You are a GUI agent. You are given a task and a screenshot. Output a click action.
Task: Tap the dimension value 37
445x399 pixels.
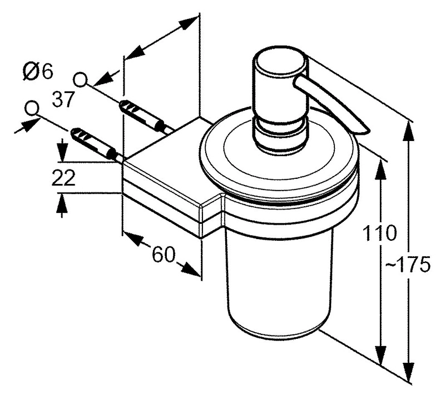coord(64,100)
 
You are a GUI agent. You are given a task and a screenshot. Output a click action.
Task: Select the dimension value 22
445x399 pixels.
coord(64,178)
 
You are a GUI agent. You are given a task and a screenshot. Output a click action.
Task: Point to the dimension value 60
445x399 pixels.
coord(163,255)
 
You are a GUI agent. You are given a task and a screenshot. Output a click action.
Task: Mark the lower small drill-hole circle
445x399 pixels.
coord(32,108)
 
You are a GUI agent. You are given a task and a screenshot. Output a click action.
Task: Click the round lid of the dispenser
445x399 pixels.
coord(278,159)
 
